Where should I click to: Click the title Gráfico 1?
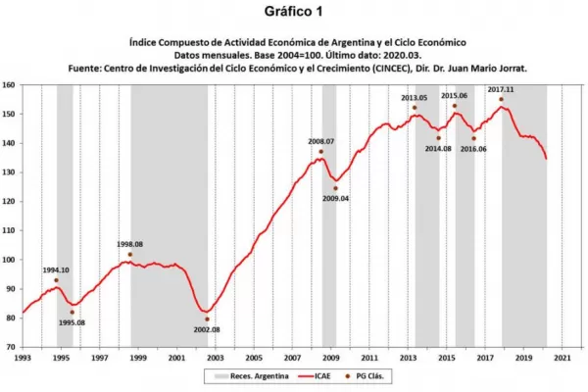[x=293, y=13]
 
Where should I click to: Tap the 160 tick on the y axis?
[x=10, y=85]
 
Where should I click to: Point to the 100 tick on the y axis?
[x=10, y=260]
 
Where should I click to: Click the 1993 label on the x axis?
[x=23, y=359]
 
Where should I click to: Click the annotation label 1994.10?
[x=56, y=270]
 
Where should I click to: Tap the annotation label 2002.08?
[x=206, y=330]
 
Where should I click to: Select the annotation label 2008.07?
[x=321, y=141]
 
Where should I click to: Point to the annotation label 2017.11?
[x=500, y=88]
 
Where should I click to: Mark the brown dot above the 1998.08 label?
[x=130, y=254]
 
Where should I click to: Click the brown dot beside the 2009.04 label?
[x=335, y=188]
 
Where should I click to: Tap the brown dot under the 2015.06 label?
[x=455, y=106]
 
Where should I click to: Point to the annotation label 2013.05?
[x=414, y=98]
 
